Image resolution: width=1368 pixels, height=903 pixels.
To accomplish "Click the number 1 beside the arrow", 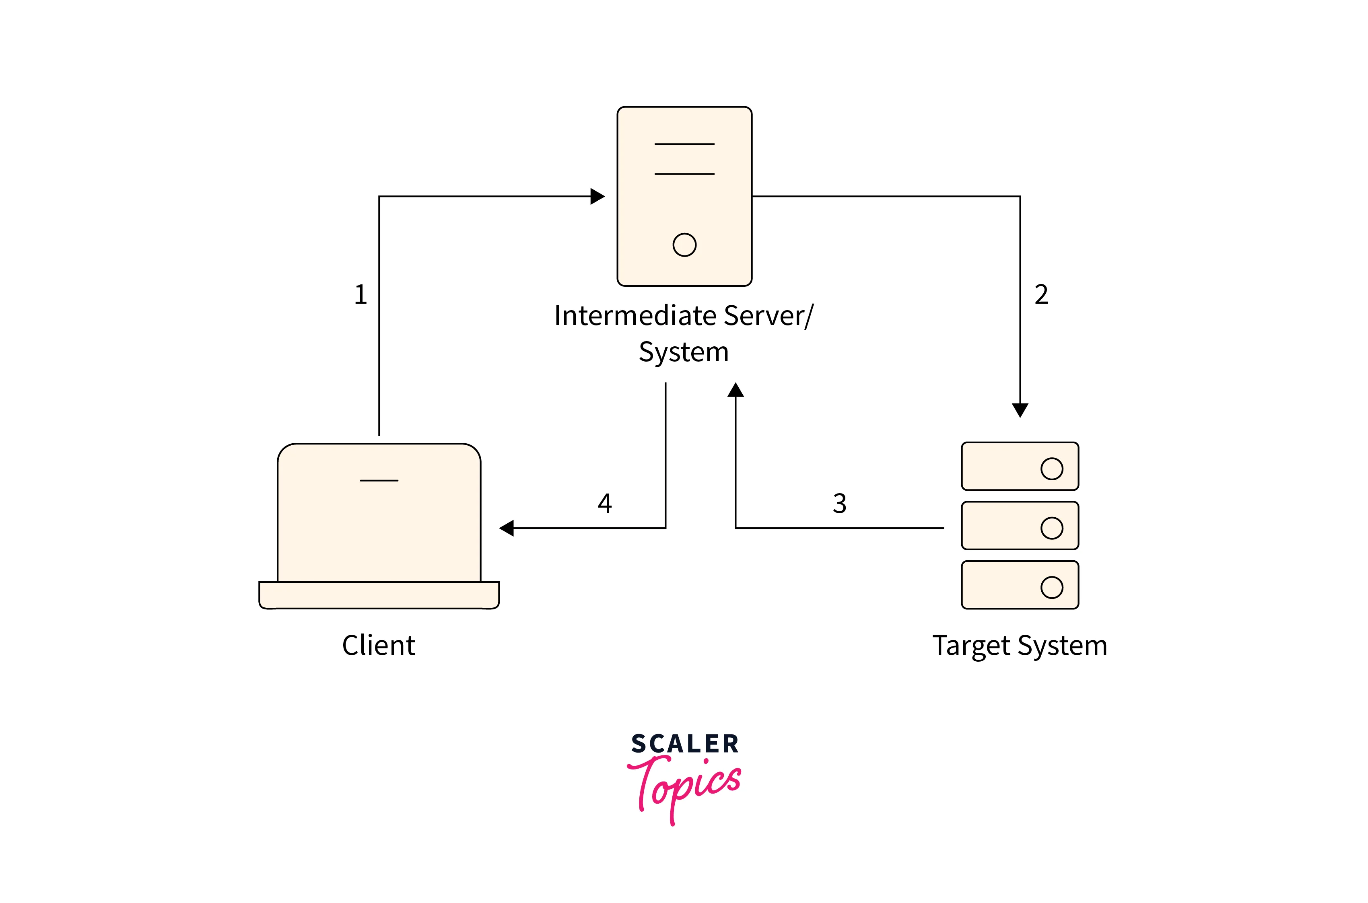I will click(361, 295).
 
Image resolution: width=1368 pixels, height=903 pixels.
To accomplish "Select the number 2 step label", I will click(1041, 295).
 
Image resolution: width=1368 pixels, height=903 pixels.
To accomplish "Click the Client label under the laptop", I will click(379, 646).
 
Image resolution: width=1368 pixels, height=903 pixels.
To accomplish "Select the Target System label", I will click(1020, 646).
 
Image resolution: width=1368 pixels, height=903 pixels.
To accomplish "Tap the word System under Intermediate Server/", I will click(684, 352).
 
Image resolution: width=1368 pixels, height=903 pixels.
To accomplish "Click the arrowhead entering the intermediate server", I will click(598, 196).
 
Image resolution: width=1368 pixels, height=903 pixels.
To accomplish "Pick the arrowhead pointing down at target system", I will click(1020, 410).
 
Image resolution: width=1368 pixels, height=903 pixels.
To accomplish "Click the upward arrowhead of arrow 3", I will click(736, 391).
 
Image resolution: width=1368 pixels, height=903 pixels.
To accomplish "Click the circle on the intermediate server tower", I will click(684, 245).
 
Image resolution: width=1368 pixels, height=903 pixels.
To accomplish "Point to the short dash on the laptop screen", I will click(379, 480).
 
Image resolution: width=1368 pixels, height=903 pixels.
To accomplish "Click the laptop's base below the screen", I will click(379, 595).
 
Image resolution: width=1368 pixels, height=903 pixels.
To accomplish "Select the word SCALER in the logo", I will click(684, 744).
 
